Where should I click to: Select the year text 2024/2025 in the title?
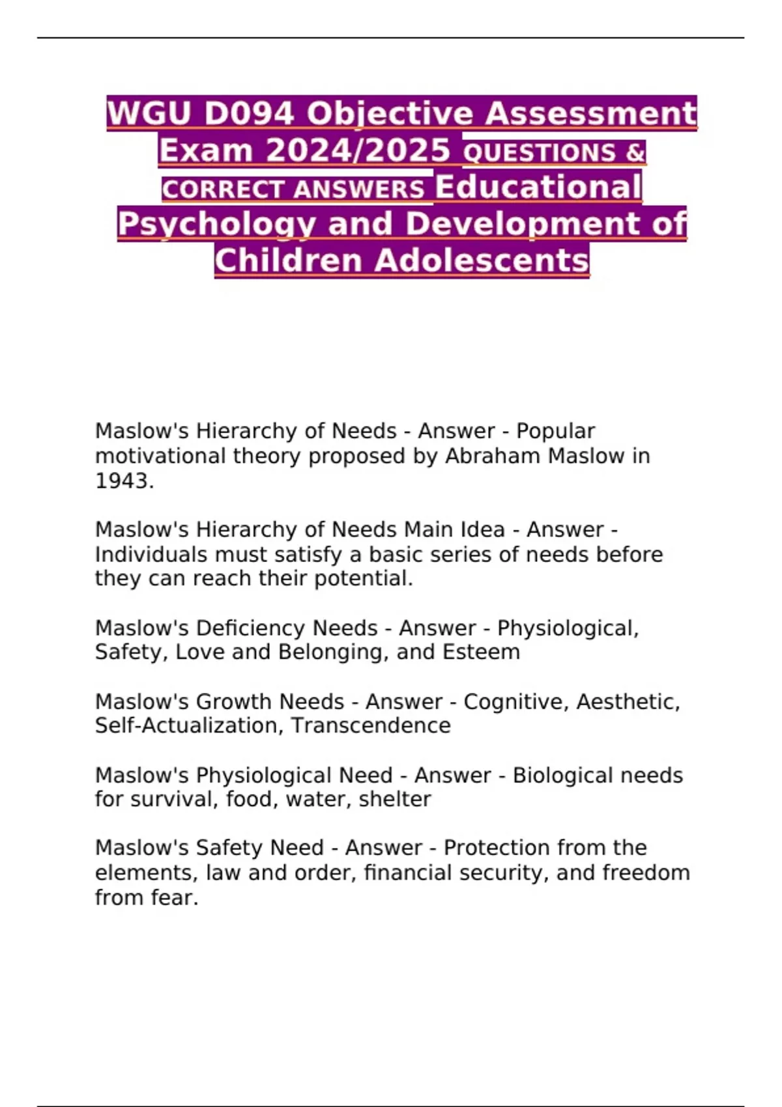click(358, 150)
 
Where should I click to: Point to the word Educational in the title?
click(538, 187)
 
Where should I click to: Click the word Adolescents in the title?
click(482, 261)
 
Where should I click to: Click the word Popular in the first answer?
click(555, 431)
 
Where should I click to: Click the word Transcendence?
click(371, 725)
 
